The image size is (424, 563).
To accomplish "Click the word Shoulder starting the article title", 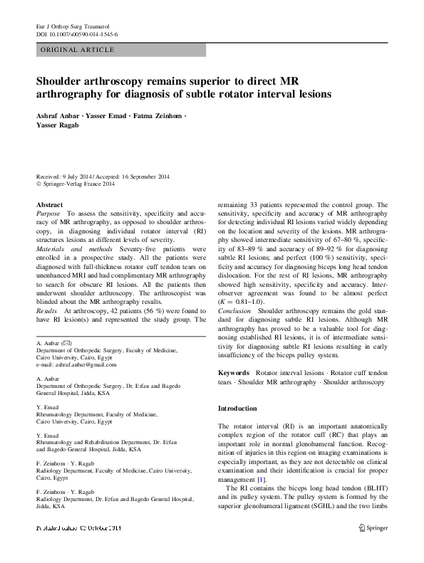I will pyautogui.click(x=65, y=80).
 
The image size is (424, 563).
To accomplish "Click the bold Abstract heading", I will pyautogui.click(x=50, y=204).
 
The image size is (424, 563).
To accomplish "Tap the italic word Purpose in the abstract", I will pyautogui.click(x=48, y=212).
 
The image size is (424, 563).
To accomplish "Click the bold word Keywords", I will pyautogui.click(x=233, y=373).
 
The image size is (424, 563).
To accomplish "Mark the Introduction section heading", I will pyautogui.click(x=237, y=409).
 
